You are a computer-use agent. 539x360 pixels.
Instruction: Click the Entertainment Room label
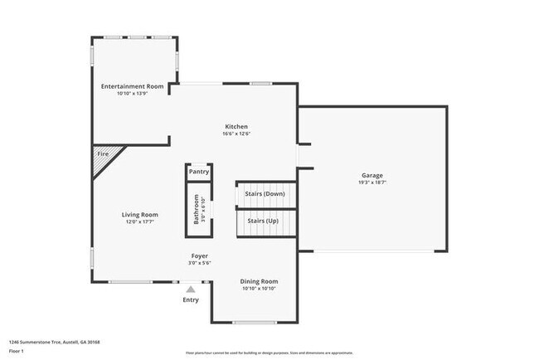click(x=132, y=86)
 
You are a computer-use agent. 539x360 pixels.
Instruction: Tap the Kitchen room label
click(x=236, y=127)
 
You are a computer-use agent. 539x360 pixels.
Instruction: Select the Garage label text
click(x=371, y=175)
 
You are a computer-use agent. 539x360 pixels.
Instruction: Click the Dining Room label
click(x=259, y=281)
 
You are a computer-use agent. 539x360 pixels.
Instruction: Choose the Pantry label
click(x=199, y=173)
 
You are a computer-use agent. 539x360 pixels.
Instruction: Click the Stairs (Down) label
click(x=265, y=194)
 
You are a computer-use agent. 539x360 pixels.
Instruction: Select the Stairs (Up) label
click(x=262, y=221)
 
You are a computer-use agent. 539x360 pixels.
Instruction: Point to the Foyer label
click(x=200, y=256)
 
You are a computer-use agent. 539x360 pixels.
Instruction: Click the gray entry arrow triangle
click(x=191, y=289)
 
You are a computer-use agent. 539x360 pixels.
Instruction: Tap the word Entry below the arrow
click(x=191, y=299)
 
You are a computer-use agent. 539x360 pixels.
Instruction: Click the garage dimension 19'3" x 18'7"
click(x=371, y=182)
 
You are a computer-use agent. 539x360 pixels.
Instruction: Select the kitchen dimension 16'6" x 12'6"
click(x=236, y=134)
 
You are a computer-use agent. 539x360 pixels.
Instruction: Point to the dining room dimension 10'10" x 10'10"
click(x=259, y=289)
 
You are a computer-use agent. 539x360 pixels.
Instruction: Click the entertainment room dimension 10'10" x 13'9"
click(x=132, y=93)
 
